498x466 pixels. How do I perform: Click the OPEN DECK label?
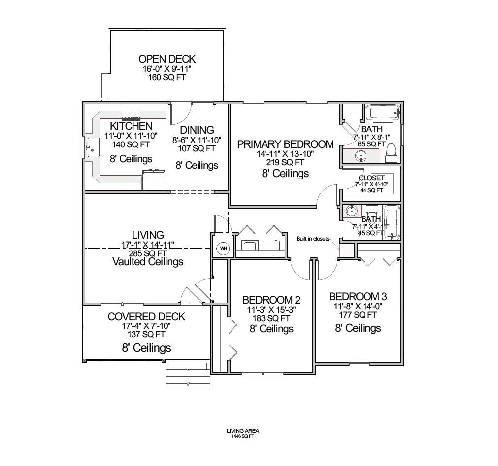point(166,59)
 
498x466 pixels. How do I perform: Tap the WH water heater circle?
point(223,248)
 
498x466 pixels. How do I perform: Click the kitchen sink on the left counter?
point(93,147)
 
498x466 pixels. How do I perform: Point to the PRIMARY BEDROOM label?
point(285,144)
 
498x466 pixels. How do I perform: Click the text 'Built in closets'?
point(312,239)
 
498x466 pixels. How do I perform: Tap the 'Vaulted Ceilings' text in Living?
point(148,261)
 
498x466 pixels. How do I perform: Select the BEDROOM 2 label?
point(271,300)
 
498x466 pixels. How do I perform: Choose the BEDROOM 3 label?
point(358,296)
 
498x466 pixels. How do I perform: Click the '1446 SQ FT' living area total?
point(242,436)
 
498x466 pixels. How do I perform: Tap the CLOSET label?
point(371,178)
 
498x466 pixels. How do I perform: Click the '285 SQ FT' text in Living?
point(148,253)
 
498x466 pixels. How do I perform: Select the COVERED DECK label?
point(146,316)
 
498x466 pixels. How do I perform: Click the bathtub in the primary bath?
point(382,113)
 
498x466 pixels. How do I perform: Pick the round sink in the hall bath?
point(351,211)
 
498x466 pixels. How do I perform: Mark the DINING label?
point(197,130)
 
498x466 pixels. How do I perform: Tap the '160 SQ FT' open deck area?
point(166,77)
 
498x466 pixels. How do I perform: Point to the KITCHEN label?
point(131,126)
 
